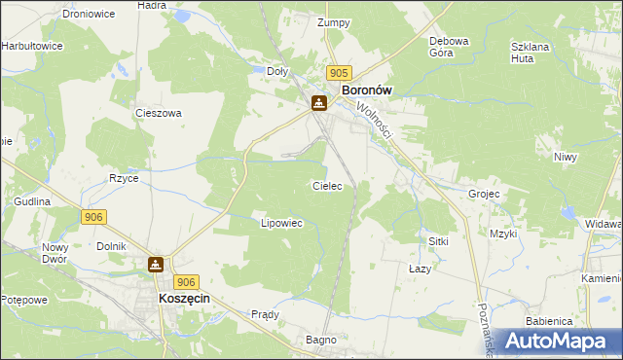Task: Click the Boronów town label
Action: [366, 90]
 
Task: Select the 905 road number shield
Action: [339, 73]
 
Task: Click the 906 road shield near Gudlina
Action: [94, 217]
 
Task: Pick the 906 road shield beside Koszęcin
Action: [189, 281]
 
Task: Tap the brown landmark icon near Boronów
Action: [318, 103]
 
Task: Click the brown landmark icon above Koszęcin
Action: [156, 264]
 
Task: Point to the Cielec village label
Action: [326, 185]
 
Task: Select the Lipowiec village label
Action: [282, 223]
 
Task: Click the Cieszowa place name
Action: [160, 113]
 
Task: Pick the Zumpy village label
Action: [333, 21]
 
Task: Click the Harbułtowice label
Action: [32, 46]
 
